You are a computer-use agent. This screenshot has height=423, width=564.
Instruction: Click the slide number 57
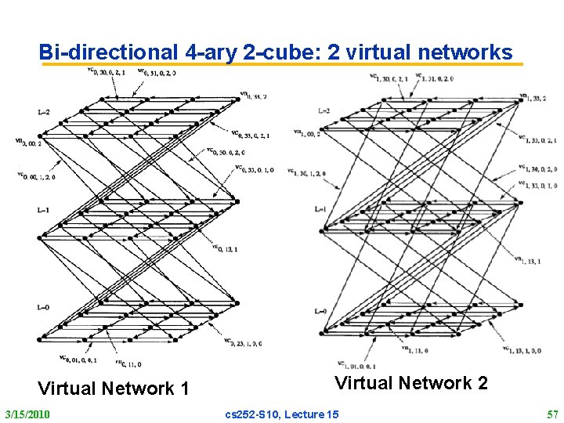pos(552,414)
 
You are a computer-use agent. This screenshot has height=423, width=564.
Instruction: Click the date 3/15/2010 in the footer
pos(27,414)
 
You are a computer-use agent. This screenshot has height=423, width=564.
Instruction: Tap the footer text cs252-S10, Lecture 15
pos(282,414)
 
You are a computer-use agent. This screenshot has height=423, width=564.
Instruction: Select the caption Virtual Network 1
pos(114,388)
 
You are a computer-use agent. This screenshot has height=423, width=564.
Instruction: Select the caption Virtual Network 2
pos(411,382)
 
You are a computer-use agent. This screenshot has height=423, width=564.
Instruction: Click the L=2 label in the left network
pos(43,113)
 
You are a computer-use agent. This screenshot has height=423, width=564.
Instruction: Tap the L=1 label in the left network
pos(43,210)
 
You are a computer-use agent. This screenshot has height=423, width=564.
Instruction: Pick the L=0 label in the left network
pos(43,307)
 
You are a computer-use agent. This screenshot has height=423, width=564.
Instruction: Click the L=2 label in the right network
pos(324,110)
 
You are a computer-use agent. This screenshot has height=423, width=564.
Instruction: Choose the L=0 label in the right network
pos(320,312)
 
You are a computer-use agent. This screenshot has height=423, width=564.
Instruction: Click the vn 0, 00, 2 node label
pos(28,142)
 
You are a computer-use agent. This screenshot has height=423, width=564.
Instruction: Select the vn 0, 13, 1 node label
pos(225,248)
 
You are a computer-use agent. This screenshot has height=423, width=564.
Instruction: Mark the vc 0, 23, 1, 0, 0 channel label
pos(243,342)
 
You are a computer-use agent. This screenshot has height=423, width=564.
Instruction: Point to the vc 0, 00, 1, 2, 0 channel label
pos(35,176)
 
